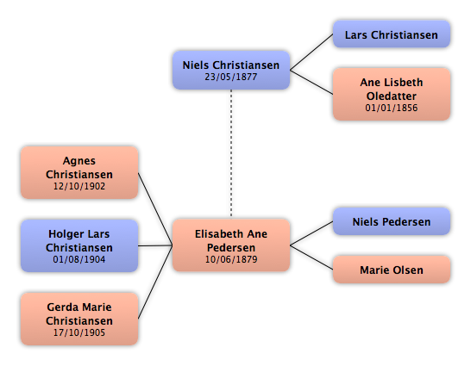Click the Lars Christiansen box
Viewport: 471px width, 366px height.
click(x=392, y=34)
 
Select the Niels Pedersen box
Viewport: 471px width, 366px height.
click(x=392, y=221)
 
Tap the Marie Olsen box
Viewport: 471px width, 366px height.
click(x=392, y=270)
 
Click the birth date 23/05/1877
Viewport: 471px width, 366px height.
click(x=230, y=77)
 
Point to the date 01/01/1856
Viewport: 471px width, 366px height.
click(x=392, y=108)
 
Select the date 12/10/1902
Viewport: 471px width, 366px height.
click(x=79, y=186)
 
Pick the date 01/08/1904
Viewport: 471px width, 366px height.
click(x=79, y=259)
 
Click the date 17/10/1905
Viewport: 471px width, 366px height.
click(x=79, y=332)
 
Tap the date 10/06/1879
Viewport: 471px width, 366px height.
click(x=231, y=259)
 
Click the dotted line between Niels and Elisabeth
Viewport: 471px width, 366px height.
click(x=231, y=154)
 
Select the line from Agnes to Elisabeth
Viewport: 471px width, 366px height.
click(x=155, y=209)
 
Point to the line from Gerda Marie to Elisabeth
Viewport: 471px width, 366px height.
click(x=155, y=282)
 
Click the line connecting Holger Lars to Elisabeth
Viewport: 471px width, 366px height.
click(x=155, y=245)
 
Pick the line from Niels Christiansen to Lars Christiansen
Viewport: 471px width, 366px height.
click(x=311, y=53)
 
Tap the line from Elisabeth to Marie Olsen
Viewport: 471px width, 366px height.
click(x=311, y=257)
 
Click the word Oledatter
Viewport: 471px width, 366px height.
click(x=392, y=96)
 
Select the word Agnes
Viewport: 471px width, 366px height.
click(x=79, y=161)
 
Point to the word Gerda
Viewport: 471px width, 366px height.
click(x=62, y=307)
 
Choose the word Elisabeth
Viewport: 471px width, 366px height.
click(x=216, y=234)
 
